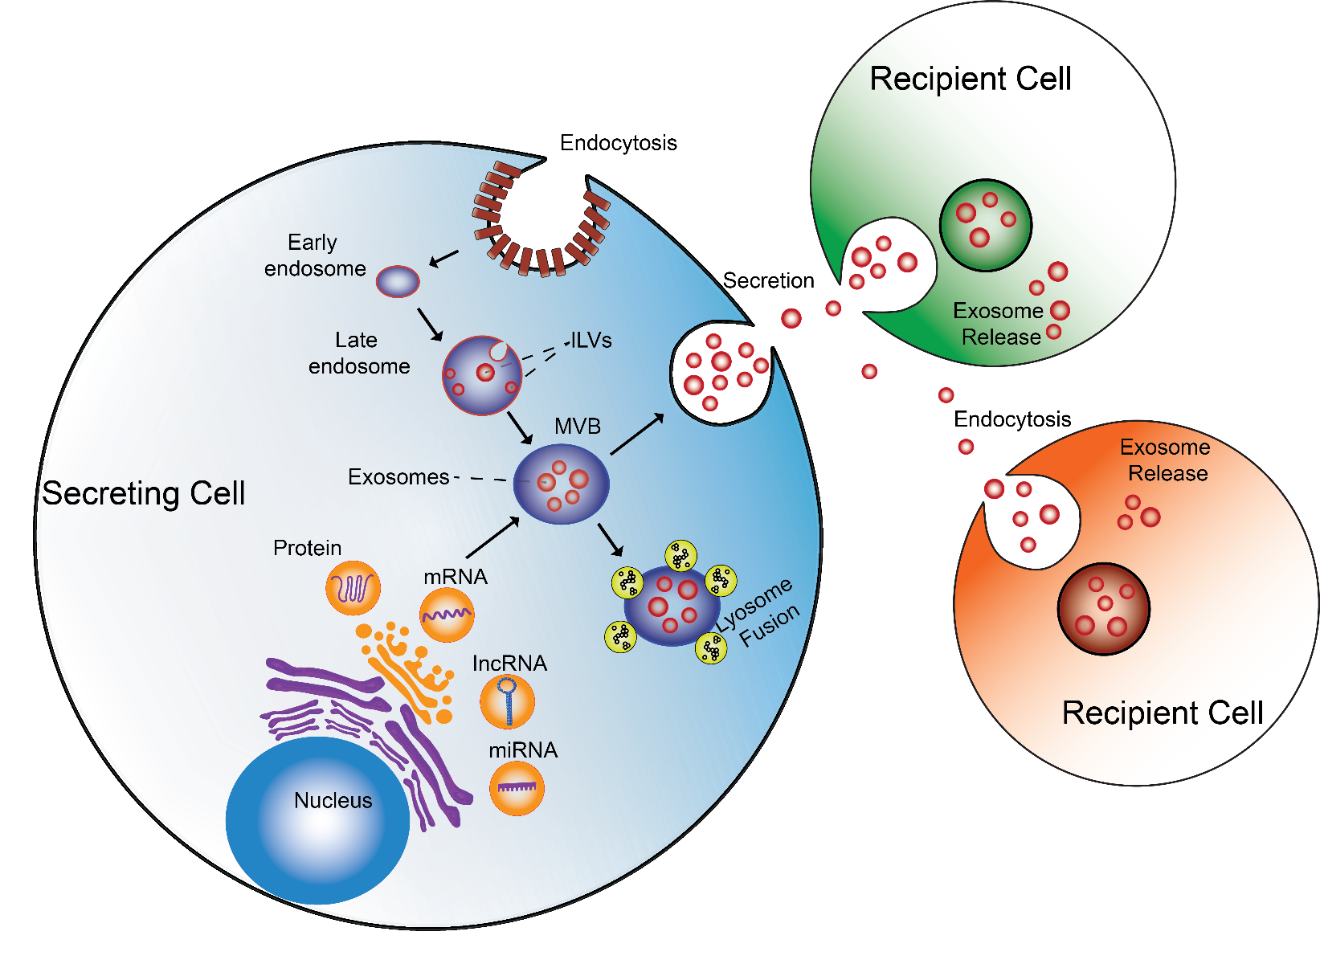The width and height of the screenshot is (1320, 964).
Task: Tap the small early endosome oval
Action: click(398, 282)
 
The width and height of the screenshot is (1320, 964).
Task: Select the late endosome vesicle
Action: click(482, 375)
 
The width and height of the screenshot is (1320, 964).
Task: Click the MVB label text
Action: click(577, 426)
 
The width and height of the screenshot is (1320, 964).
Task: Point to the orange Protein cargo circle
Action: click(353, 588)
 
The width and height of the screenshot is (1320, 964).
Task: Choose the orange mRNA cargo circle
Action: click(447, 615)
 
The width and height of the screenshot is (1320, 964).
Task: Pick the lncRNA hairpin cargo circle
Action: click(507, 701)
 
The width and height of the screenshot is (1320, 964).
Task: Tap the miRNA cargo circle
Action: click(517, 788)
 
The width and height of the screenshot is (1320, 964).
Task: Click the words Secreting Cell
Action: click(144, 493)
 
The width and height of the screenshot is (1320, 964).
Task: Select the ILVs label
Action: click(591, 341)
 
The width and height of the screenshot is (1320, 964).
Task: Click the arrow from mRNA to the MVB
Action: click(492, 537)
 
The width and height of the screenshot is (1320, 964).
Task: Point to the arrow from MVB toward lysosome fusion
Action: click(611, 540)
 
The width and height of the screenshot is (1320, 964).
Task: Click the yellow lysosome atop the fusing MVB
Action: click(680, 555)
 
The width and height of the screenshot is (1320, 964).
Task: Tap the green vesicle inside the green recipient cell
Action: click(986, 225)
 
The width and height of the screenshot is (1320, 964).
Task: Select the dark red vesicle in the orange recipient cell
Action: click(1104, 608)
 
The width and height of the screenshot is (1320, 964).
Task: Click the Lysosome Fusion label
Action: click(758, 614)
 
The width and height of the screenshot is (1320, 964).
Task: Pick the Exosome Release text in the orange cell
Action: click(1166, 460)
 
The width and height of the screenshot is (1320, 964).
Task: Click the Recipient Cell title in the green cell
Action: click(971, 79)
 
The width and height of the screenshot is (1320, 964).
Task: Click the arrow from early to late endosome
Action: click(430, 324)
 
